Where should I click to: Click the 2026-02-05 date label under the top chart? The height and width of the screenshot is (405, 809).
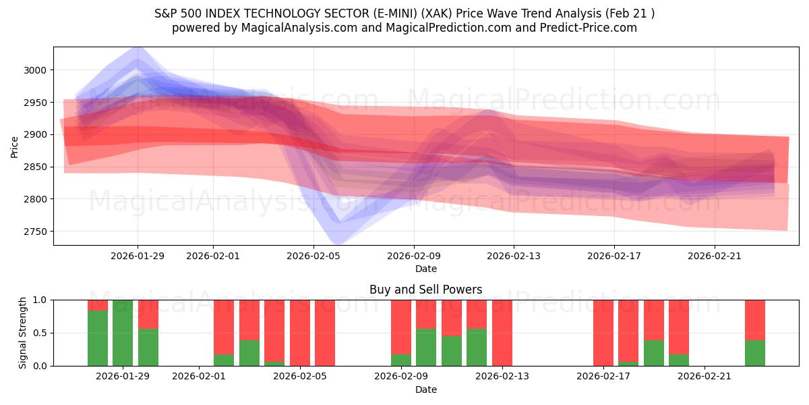[x=313, y=256]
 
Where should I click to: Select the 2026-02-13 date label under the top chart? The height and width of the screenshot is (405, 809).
[x=514, y=256]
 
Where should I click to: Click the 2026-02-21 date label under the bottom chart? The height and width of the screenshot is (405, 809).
[x=704, y=377]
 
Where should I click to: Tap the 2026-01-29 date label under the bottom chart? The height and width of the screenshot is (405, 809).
[x=123, y=377]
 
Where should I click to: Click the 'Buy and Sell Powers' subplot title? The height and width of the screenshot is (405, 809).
[x=425, y=290]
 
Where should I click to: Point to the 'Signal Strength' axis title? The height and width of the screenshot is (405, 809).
[x=23, y=333]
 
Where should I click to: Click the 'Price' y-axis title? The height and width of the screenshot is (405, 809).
[x=15, y=146]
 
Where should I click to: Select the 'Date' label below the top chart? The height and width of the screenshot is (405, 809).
[x=425, y=269]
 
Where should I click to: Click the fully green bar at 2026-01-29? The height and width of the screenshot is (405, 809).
[x=123, y=333]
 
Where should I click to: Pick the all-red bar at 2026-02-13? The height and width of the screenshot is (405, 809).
[x=502, y=333]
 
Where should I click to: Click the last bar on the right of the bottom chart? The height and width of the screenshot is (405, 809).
[x=754, y=333]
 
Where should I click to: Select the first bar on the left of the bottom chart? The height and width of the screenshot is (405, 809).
[x=98, y=333]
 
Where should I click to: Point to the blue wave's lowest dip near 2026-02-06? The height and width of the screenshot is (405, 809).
[x=337, y=242]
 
